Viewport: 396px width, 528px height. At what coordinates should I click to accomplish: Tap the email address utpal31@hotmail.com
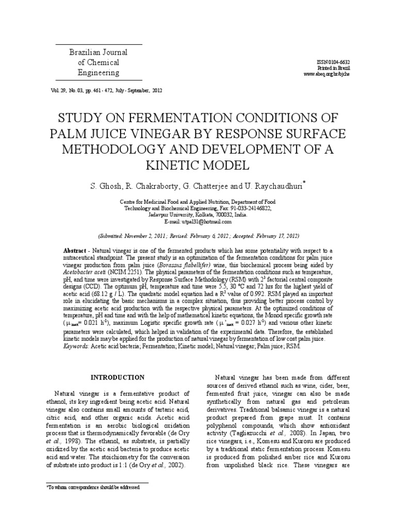click(199, 221)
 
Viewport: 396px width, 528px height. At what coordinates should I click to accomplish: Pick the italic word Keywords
click(75, 346)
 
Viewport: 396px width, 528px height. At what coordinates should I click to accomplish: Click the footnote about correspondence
click(96, 486)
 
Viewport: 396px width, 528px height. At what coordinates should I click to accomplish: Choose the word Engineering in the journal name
click(98, 73)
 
